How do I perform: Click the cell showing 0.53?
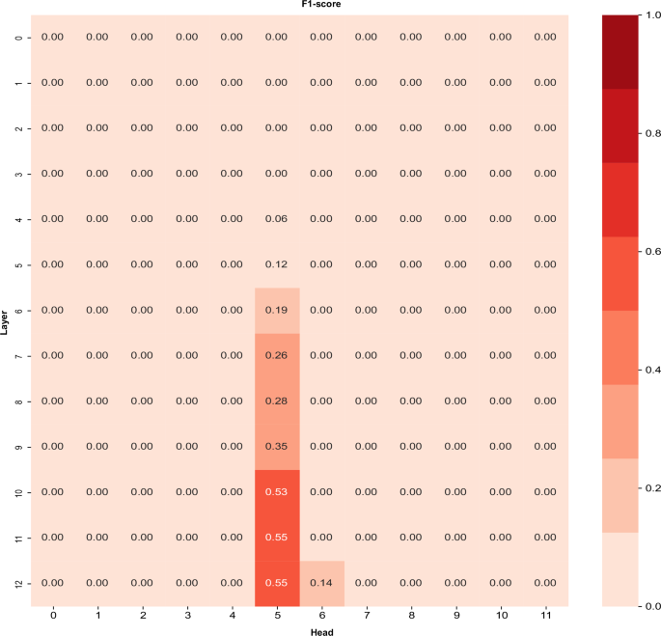(x=277, y=492)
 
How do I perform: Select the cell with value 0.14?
(x=321, y=583)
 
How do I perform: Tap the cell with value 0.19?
(x=277, y=310)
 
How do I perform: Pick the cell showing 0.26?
(x=277, y=355)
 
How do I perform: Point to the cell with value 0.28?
(x=277, y=401)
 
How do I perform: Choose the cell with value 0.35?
(x=277, y=446)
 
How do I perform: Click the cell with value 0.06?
(x=277, y=219)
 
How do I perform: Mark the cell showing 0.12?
(x=277, y=264)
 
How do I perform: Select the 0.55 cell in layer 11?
(x=277, y=538)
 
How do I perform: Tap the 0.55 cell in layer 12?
(x=277, y=583)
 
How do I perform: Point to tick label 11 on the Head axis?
(x=544, y=615)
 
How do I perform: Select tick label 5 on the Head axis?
(x=277, y=615)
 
